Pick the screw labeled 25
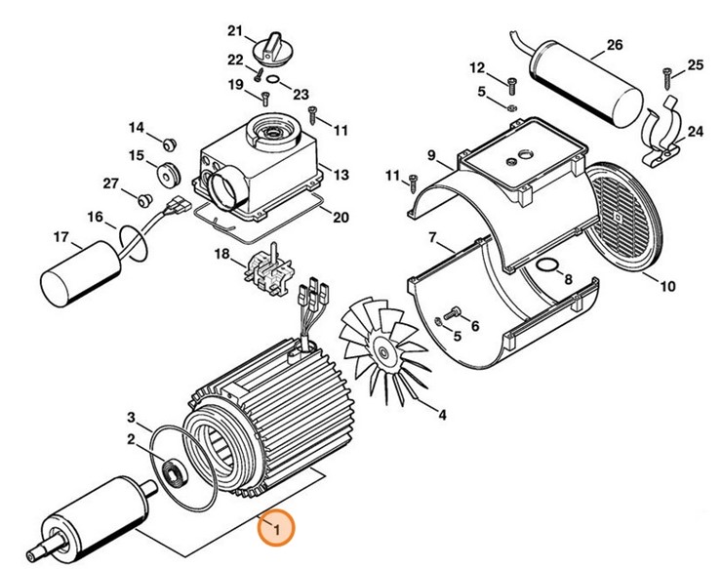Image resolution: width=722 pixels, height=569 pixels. [x=667, y=69]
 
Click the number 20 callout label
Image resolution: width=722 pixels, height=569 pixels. [x=341, y=217]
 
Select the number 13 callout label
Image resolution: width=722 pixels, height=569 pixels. [x=341, y=175]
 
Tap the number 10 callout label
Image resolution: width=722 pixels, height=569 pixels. [x=667, y=287]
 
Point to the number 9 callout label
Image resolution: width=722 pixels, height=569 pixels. [x=431, y=155]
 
